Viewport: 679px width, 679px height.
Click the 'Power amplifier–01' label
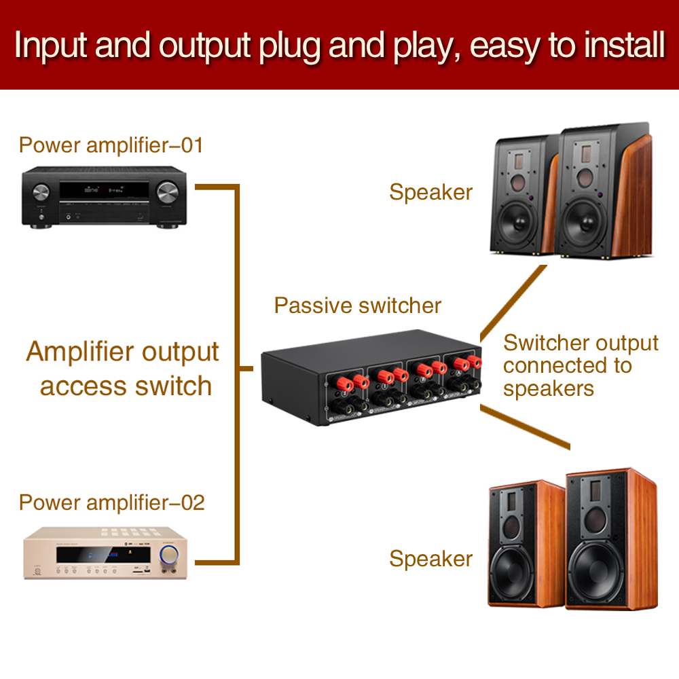[111, 145]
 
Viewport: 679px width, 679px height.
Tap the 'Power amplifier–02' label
[112, 502]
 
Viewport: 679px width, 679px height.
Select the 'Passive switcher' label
[358, 306]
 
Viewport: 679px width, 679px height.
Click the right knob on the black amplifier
[168, 192]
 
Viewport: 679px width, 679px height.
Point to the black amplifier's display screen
[104, 189]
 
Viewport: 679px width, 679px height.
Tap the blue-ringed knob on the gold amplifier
[168, 555]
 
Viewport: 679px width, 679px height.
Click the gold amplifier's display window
[103, 555]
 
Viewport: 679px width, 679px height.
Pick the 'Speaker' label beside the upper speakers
[431, 193]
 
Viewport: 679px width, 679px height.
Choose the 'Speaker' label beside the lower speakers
[431, 559]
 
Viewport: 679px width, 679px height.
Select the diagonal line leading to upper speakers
[513, 303]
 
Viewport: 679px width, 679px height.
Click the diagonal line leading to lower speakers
[525, 427]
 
